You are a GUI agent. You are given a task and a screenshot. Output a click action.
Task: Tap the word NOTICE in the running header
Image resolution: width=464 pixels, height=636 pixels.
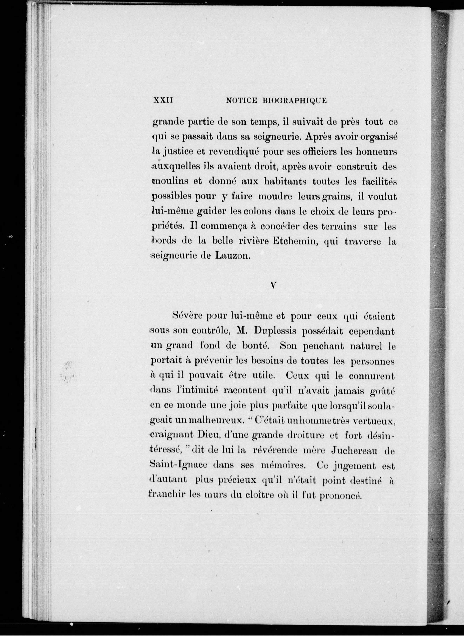[x=242, y=100]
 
